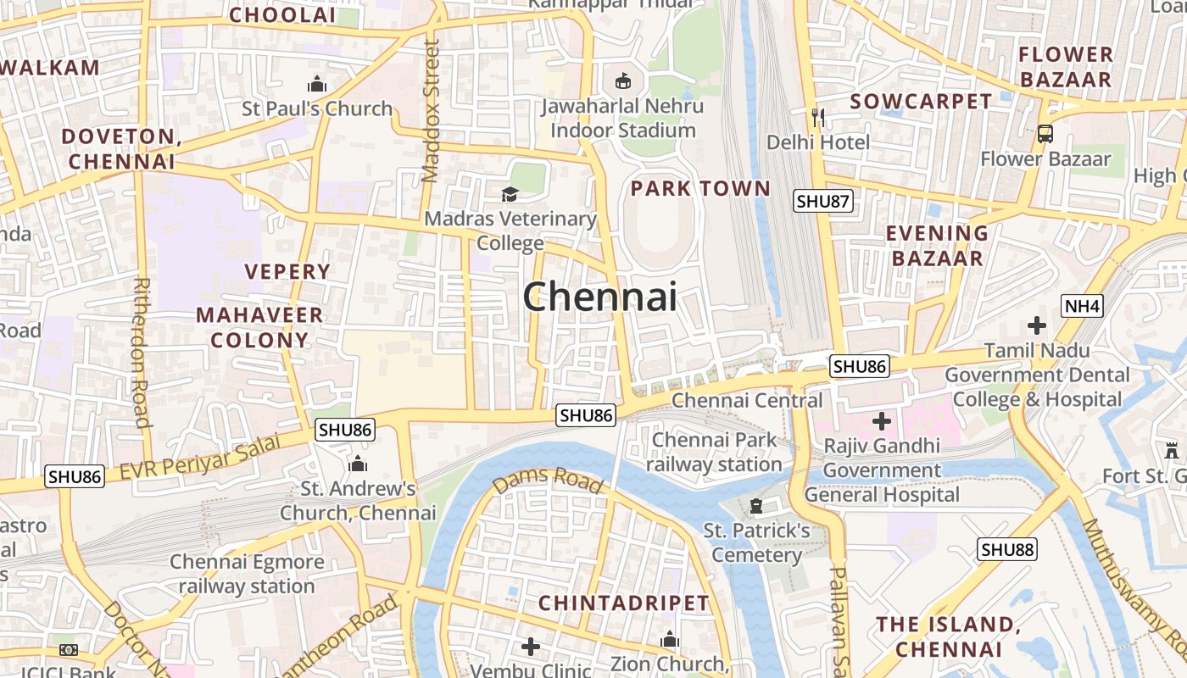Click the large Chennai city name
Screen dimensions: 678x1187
(x=599, y=297)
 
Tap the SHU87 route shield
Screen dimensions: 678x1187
(x=822, y=201)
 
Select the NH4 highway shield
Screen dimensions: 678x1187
(x=1082, y=306)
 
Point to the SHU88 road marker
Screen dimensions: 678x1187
(x=1007, y=549)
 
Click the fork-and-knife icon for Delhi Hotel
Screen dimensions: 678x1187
(x=817, y=117)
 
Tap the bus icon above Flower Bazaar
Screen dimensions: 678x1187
(x=1045, y=133)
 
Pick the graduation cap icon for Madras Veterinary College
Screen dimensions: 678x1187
(x=510, y=194)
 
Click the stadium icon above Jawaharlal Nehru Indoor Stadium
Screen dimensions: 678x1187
(x=623, y=81)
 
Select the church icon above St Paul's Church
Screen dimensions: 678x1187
(x=317, y=84)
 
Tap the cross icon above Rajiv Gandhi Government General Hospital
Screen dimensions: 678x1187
(x=882, y=420)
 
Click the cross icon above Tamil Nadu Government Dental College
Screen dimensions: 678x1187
(x=1036, y=325)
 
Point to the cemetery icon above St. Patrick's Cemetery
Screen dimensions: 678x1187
(x=755, y=506)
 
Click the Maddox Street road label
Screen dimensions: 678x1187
(x=431, y=110)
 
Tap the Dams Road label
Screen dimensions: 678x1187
(x=548, y=481)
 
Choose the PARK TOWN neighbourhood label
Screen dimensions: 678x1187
(x=700, y=188)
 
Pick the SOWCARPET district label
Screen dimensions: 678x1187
(x=921, y=102)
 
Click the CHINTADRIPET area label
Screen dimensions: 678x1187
(x=623, y=603)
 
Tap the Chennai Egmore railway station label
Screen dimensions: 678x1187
(x=247, y=574)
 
